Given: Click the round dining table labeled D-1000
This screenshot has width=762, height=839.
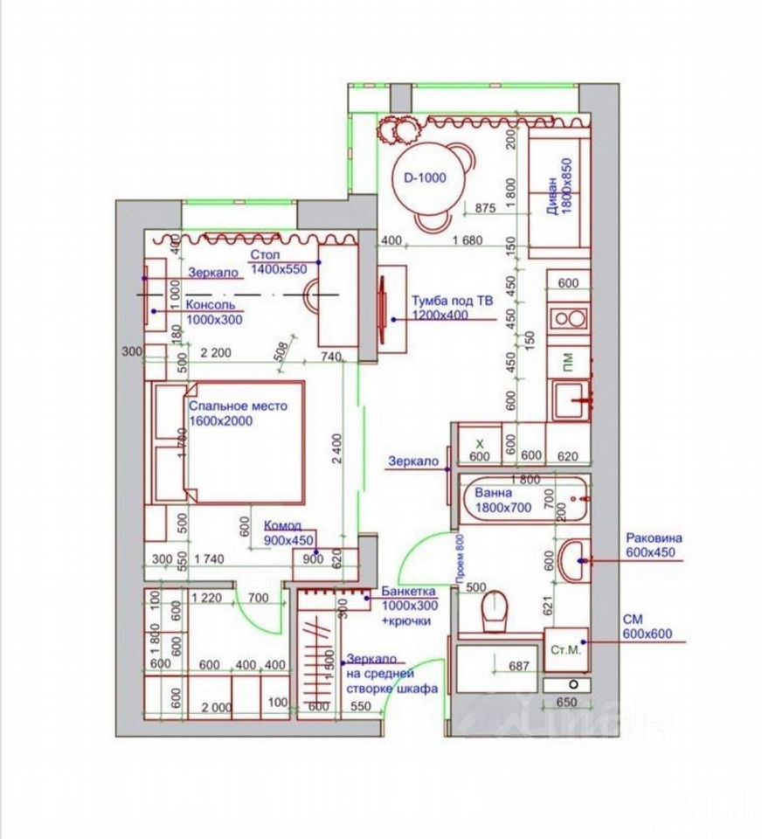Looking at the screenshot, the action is coord(425,177).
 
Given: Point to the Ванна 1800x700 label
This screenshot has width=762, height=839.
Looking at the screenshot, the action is coord(503,499).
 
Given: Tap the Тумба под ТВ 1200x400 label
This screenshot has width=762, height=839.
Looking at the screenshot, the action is coord(452,307).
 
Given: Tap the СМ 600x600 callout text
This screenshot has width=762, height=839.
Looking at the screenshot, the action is coord(647,627).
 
